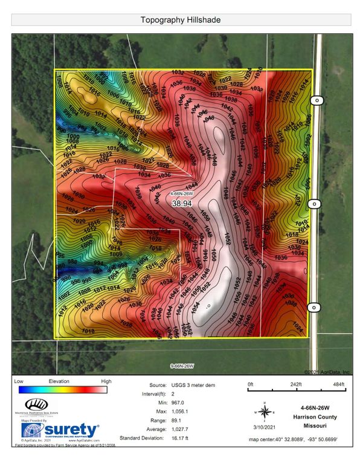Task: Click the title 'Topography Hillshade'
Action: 180,20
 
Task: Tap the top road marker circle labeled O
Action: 314,100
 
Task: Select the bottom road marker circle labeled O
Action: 314,308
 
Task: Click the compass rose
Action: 265,412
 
